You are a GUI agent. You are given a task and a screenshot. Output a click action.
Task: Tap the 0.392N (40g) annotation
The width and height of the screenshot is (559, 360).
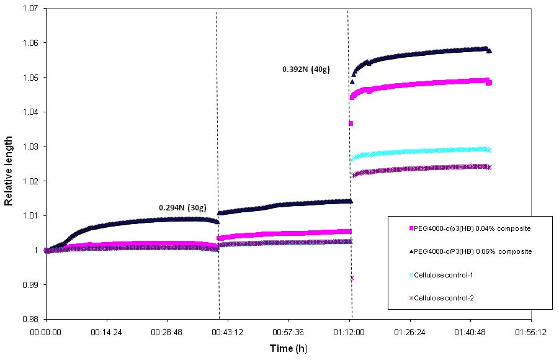coord(306,70)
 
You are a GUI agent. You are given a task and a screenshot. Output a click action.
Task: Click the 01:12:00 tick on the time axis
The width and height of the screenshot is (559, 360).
coord(350,333)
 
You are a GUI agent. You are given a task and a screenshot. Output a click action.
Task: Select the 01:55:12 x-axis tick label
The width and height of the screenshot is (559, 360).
coord(532,333)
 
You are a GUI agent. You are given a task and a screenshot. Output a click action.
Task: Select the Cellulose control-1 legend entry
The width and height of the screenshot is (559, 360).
coord(444,275)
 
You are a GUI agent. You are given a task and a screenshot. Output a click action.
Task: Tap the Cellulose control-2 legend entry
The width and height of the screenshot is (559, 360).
coord(444,298)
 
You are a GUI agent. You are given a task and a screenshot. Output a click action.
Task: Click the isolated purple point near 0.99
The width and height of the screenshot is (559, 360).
coord(352,278)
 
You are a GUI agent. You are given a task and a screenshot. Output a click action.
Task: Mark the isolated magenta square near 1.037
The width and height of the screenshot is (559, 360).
coord(351,124)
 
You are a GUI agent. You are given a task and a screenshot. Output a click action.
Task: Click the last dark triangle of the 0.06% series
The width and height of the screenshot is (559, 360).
coord(490,51)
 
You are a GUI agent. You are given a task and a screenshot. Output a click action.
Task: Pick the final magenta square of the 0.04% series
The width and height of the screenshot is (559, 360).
coord(489,83)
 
